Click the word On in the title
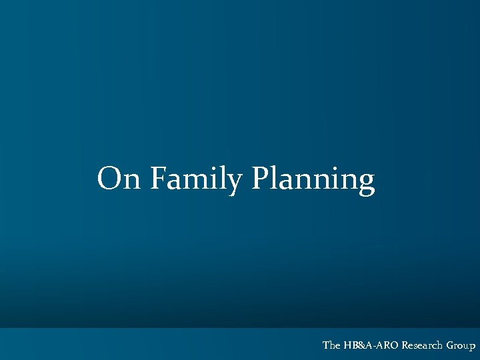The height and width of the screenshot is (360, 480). click(x=119, y=179)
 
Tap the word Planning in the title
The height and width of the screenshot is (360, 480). click(x=313, y=179)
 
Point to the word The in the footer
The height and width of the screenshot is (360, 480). click(x=331, y=345)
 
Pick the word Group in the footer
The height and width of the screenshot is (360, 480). click(x=461, y=345)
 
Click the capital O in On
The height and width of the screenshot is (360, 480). click(x=110, y=178)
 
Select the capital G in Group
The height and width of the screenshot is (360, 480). click(x=450, y=345)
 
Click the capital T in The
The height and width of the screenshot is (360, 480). click(x=326, y=345)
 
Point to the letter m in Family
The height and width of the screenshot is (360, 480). click(x=198, y=181)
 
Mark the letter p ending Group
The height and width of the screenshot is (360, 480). click(x=472, y=347)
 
